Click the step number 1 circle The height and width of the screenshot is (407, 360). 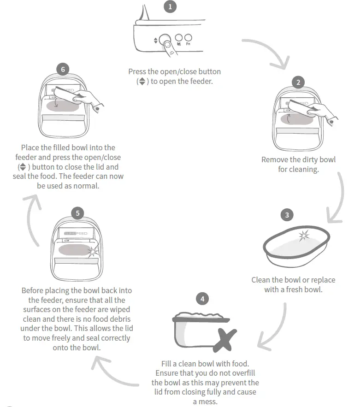(170, 7)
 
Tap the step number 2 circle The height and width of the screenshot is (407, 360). (298, 83)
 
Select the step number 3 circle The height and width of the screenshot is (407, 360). (287, 215)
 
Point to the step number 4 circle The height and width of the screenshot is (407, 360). (202, 299)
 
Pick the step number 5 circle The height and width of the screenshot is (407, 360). (78, 213)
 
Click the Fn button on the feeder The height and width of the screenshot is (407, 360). (188, 39)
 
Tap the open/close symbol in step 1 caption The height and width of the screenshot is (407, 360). (142, 81)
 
